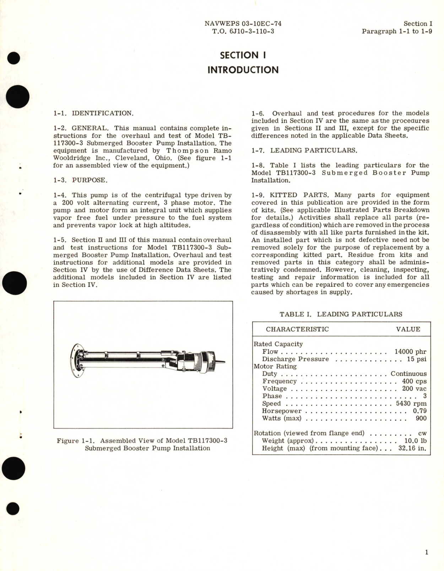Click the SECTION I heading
(x=243, y=55)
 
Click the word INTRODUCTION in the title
(x=243, y=70)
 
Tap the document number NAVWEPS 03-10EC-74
(x=243, y=23)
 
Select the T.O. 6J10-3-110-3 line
(x=243, y=31)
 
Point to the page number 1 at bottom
(x=427, y=552)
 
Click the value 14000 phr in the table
(x=410, y=352)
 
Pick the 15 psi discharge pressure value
(x=417, y=359)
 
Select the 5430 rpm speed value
(x=411, y=404)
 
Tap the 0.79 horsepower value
(x=419, y=411)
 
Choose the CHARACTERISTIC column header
(x=297, y=329)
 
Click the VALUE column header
(x=408, y=329)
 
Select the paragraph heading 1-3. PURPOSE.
(x=80, y=180)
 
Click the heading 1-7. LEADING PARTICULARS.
(x=304, y=150)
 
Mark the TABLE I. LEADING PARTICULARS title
(x=341, y=314)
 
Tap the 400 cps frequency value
(x=414, y=381)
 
